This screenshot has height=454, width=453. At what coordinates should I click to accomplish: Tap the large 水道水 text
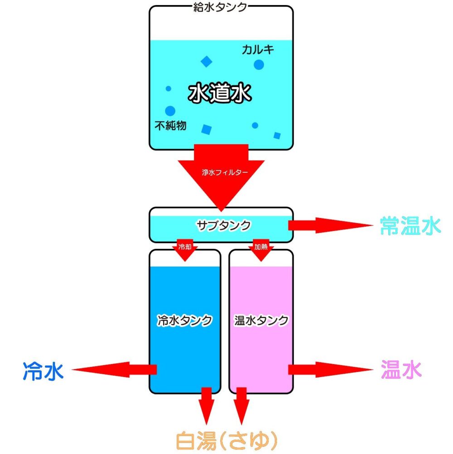click(220, 94)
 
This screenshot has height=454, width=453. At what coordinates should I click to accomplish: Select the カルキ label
click(258, 50)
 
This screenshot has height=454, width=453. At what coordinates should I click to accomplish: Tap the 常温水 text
click(410, 226)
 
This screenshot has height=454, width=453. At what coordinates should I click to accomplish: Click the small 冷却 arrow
click(183, 251)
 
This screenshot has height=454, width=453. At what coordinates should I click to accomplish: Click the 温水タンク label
click(261, 320)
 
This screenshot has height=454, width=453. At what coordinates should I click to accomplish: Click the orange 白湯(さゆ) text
click(226, 439)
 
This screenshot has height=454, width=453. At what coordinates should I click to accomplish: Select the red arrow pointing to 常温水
click(328, 225)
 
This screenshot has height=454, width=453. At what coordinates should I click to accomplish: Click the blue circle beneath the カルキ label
click(259, 65)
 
